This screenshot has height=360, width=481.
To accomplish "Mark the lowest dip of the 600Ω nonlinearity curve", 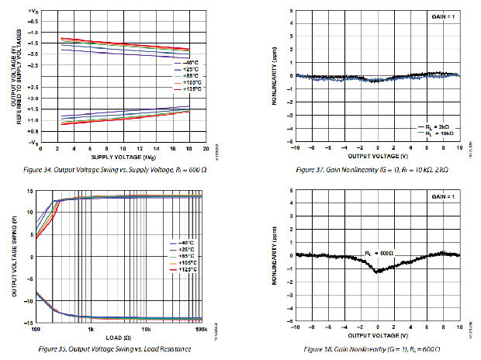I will click(x=378, y=272).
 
